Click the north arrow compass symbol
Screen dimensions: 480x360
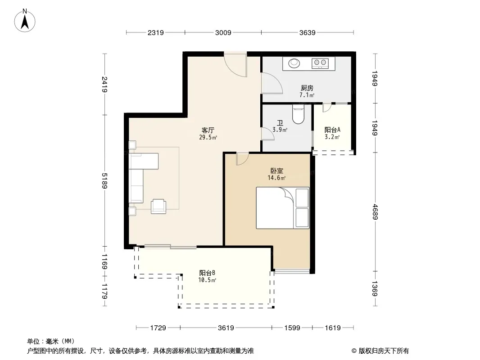point(25,21)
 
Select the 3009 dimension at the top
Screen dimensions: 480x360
point(223,32)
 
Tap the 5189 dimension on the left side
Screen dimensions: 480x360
point(105,181)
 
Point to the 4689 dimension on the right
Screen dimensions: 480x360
point(375,211)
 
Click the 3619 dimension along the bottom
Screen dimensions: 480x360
point(226,328)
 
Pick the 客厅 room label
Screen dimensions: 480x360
point(208,130)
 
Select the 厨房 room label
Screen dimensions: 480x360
point(307,88)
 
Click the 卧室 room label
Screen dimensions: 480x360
point(277,171)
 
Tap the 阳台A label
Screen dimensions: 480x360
point(332,130)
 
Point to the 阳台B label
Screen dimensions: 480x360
point(207,273)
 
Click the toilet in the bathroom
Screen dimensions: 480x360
point(298,114)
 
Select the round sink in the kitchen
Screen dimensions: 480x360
point(294,63)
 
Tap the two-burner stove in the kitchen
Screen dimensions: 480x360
point(320,63)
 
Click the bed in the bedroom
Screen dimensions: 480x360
point(282,208)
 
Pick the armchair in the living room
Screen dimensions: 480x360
point(158,206)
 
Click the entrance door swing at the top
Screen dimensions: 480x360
point(235,65)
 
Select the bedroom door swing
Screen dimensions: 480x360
point(242,159)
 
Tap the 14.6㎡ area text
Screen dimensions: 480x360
point(277,178)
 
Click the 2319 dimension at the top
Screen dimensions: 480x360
point(155,32)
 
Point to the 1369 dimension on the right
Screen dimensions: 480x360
point(375,288)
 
